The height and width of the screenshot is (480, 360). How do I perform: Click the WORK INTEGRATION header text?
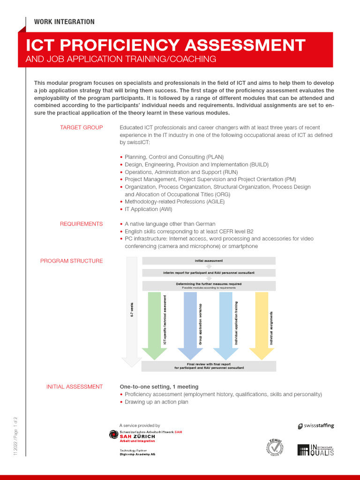64,22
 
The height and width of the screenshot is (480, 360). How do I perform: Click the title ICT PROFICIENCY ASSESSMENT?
165,45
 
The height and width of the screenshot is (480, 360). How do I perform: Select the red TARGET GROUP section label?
81,128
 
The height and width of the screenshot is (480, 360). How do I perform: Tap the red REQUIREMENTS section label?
81,224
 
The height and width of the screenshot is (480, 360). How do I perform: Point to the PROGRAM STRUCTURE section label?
71,261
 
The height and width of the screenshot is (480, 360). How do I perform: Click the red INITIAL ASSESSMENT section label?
74,387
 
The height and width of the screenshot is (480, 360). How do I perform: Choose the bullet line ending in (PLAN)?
174,157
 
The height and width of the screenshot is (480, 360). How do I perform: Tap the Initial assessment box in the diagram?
209,261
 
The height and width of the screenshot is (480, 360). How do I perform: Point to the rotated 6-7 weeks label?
132,309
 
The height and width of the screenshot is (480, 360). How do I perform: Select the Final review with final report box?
209,366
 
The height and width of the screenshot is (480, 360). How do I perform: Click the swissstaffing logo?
316,426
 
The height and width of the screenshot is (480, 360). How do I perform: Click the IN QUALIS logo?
315,450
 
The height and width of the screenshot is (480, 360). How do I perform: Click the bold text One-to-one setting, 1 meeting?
159,387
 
